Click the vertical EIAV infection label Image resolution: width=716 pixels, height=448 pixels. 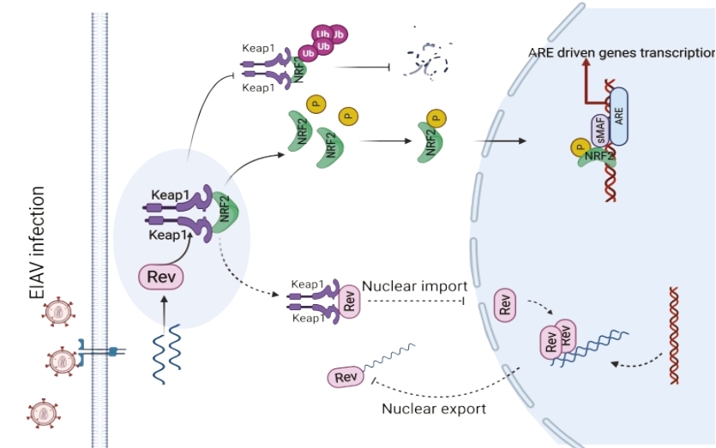coord(37,243)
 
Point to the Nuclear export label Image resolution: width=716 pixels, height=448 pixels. coord(434,409)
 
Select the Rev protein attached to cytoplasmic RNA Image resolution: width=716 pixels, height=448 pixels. coord(346,377)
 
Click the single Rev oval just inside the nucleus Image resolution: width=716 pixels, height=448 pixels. coord(505,304)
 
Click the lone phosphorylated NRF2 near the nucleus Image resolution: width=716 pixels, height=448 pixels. coord(432,137)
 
